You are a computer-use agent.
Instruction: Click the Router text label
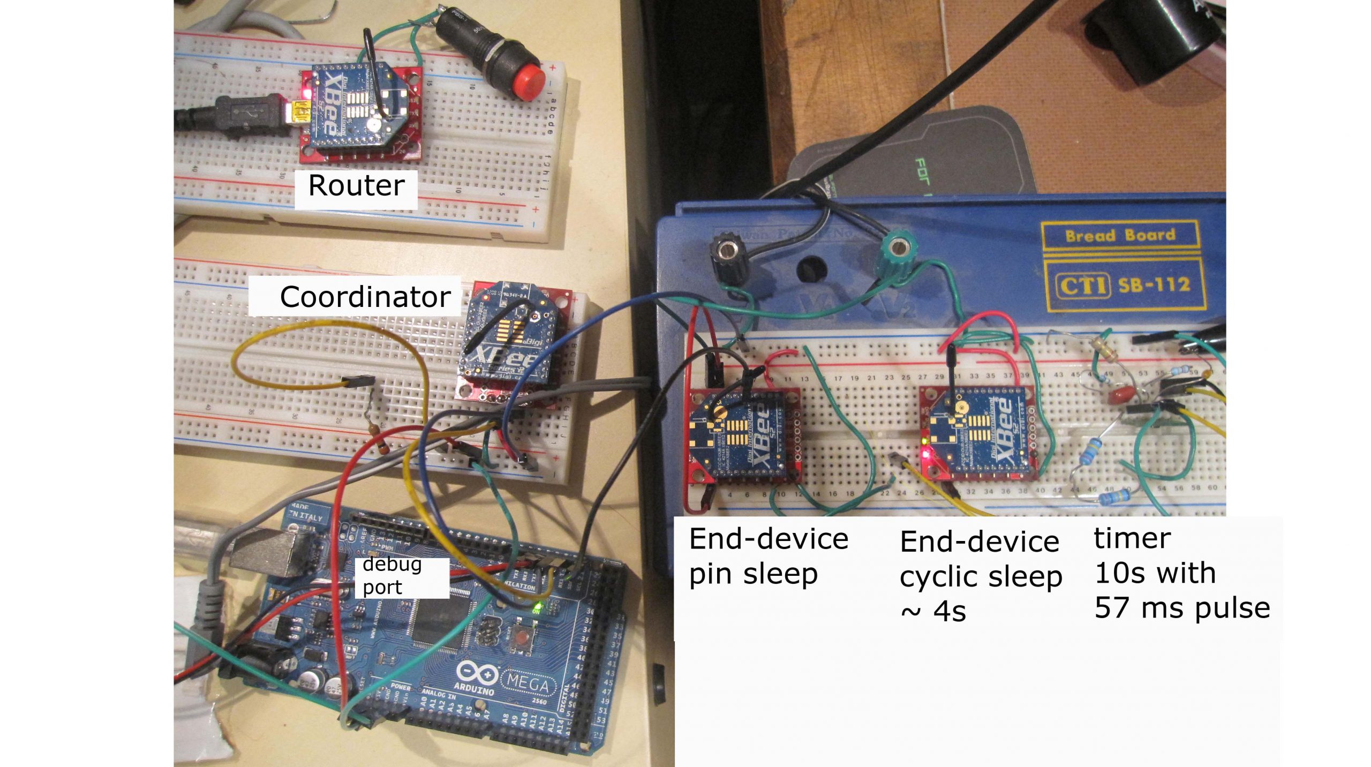356,186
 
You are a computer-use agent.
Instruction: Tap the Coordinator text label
365,297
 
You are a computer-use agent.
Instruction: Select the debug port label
392,576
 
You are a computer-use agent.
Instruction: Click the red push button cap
528,83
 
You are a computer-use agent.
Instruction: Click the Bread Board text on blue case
1120,236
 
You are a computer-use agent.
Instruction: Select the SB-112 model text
1154,284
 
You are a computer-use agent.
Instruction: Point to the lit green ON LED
536,608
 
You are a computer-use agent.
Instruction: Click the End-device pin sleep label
768,556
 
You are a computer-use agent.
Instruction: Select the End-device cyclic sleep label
980,575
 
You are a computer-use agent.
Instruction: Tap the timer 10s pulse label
1181,573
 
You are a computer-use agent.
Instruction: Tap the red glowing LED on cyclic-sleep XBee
925,455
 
